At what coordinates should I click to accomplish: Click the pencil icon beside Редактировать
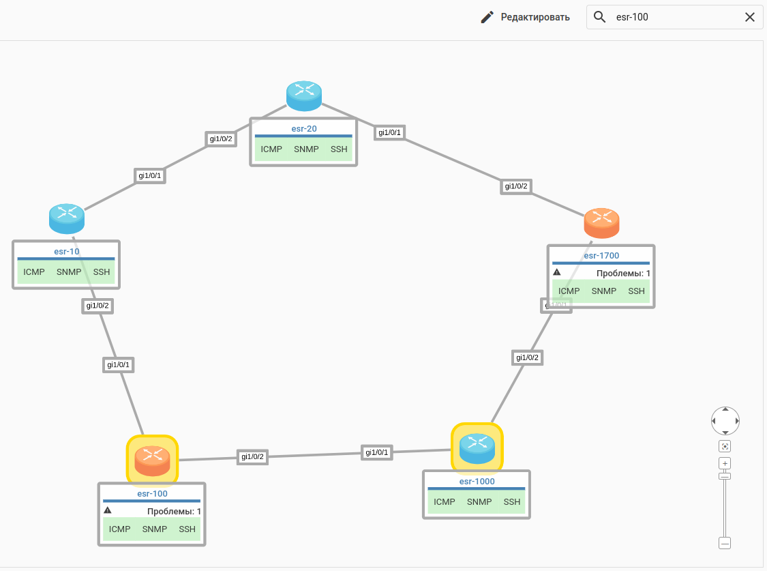point(487,17)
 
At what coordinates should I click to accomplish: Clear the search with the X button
point(750,17)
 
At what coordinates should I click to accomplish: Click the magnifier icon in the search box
point(600,17)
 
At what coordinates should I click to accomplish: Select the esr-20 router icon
point(303,96)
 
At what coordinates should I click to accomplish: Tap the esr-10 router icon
point(67,218)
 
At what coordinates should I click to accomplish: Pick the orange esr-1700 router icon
point(601,223)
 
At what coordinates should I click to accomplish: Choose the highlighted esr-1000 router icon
point(477,447)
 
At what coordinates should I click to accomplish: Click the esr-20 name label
point(303,128)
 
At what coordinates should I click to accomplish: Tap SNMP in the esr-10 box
point(69,272)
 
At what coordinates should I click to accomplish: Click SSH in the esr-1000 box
point(512,502)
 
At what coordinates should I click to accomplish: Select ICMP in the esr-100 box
point(119,529)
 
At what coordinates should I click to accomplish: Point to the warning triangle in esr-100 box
point(108,510)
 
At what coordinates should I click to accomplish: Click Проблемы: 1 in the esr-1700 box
point(623,274)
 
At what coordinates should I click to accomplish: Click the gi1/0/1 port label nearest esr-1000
point(377,452)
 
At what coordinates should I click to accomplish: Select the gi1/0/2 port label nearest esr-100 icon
point(252,457)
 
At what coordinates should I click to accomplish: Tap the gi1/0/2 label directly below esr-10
point(97,306)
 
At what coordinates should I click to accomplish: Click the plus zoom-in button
point(725,463)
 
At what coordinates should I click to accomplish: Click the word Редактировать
point(535,17)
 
